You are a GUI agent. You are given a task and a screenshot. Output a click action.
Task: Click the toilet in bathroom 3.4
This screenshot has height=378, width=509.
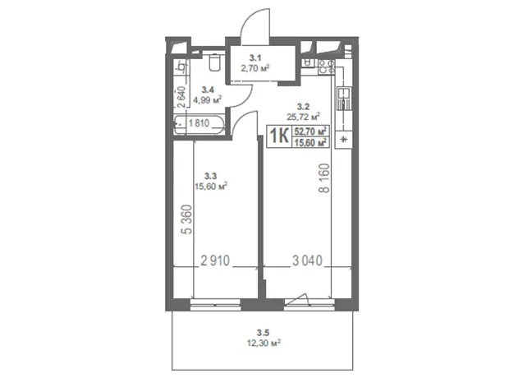coord(214,62)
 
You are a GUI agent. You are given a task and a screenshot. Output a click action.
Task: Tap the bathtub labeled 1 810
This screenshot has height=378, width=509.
coord(199,124)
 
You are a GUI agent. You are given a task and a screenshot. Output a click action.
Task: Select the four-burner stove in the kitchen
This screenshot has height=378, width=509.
coord(326,67)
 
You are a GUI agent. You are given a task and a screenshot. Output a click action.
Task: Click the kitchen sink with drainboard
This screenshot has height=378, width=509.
coord(343,98)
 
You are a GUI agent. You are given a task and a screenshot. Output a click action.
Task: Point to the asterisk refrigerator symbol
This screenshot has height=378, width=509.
coord(344,140)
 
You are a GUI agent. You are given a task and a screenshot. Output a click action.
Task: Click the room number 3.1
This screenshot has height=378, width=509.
coord(255,58)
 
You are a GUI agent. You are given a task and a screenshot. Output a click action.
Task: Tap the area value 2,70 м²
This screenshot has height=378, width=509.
coord(255,68)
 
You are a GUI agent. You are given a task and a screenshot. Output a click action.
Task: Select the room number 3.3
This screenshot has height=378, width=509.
coord(210,176)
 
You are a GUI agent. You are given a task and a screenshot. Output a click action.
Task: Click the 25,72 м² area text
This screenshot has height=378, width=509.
coord(304,116)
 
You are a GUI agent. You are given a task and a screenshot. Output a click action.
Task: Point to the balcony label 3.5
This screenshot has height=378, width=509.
coord(263,333)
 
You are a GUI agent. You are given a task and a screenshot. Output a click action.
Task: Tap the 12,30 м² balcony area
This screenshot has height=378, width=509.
coord(264,343)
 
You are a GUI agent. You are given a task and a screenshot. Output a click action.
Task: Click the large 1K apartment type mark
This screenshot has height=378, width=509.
coord(279,136)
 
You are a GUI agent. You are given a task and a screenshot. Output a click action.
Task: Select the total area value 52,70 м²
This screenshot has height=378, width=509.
coord(310,131)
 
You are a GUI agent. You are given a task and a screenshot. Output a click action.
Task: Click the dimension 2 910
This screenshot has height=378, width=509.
coord(215,260)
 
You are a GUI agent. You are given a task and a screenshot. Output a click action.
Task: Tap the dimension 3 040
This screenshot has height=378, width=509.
coord(307,260)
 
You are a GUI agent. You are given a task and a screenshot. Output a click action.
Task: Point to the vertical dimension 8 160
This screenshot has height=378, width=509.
coord(324,178)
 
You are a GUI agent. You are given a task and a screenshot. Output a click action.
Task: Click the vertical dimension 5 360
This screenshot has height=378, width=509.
coord(187,219)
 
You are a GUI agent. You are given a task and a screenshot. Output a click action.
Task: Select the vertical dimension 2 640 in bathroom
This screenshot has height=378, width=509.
coord(182,96)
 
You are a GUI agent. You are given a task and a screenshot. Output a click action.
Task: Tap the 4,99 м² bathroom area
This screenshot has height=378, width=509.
coord(208,99)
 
